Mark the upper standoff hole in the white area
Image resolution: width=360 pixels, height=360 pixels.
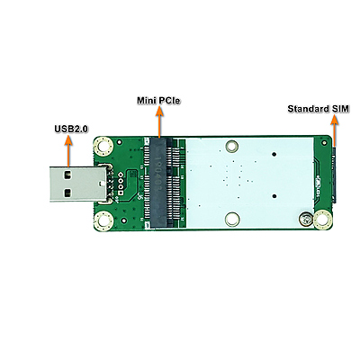(x=233, y=144)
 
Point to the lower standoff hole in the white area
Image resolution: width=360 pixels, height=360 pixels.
(x=233, y=218)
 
